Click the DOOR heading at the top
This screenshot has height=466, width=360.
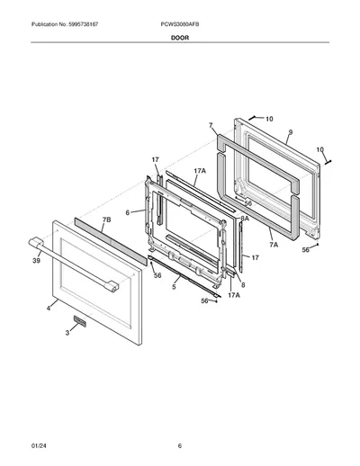pos(180,38)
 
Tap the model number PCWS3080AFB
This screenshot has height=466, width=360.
pos(180,24)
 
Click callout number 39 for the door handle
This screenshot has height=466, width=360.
pos(36,261)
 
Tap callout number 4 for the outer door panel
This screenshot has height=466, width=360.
pos(49,308)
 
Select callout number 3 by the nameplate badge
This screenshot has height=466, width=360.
pos(67,333)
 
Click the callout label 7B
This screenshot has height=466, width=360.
pos(106,220)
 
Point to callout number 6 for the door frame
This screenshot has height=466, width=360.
pos(128,212)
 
